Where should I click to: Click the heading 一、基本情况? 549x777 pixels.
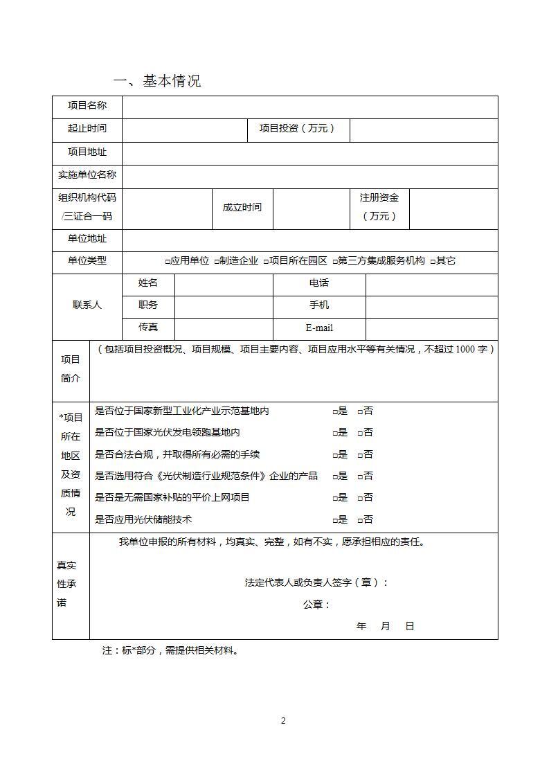pos(157,81)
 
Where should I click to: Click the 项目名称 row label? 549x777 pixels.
pos(87,105)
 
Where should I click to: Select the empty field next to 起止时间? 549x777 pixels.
pos(185,129)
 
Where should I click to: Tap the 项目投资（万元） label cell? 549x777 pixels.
pos(298,129)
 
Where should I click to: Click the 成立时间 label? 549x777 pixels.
pos(242,207)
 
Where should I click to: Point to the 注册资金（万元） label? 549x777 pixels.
pos(379,207)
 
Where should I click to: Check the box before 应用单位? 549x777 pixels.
pos(168,262)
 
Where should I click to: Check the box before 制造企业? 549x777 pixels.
pos(217,262)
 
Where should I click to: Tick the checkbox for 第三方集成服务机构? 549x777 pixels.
pos(335,262)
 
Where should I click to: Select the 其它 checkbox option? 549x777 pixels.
pos(433,262)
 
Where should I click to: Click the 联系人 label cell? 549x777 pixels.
pos(87,305)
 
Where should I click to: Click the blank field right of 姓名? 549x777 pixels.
pos(224,283)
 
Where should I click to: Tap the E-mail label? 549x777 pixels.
pos(319,328)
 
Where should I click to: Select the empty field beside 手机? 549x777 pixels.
pos(431,305)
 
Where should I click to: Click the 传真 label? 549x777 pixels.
pos(148,327)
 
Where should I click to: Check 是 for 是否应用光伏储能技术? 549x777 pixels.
pos(335,520)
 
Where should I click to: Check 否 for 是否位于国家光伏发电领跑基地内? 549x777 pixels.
pos(360,433)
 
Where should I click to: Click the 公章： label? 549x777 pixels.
pos(316,605)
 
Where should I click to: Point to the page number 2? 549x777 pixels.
pos(283,721)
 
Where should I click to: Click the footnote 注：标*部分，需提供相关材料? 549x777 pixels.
pos(170,651)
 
